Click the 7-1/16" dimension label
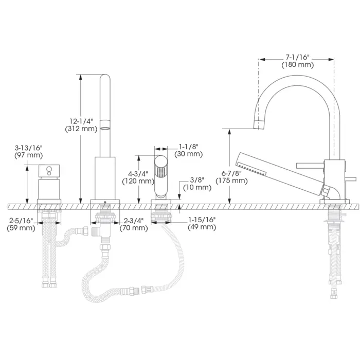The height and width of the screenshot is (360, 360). point(298,57)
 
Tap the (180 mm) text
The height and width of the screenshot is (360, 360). point(298,65)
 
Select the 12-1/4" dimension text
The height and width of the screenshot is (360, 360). point(81,121)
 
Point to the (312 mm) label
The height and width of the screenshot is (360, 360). point(81,129)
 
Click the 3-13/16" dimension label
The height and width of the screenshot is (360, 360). point(29,148)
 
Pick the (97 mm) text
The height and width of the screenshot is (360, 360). point(29,155)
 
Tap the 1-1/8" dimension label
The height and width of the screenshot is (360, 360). point(189,147)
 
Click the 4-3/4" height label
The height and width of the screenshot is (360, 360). point(138,174)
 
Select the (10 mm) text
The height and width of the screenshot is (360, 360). point(197,187)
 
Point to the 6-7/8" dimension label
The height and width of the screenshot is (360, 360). point(231,173)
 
